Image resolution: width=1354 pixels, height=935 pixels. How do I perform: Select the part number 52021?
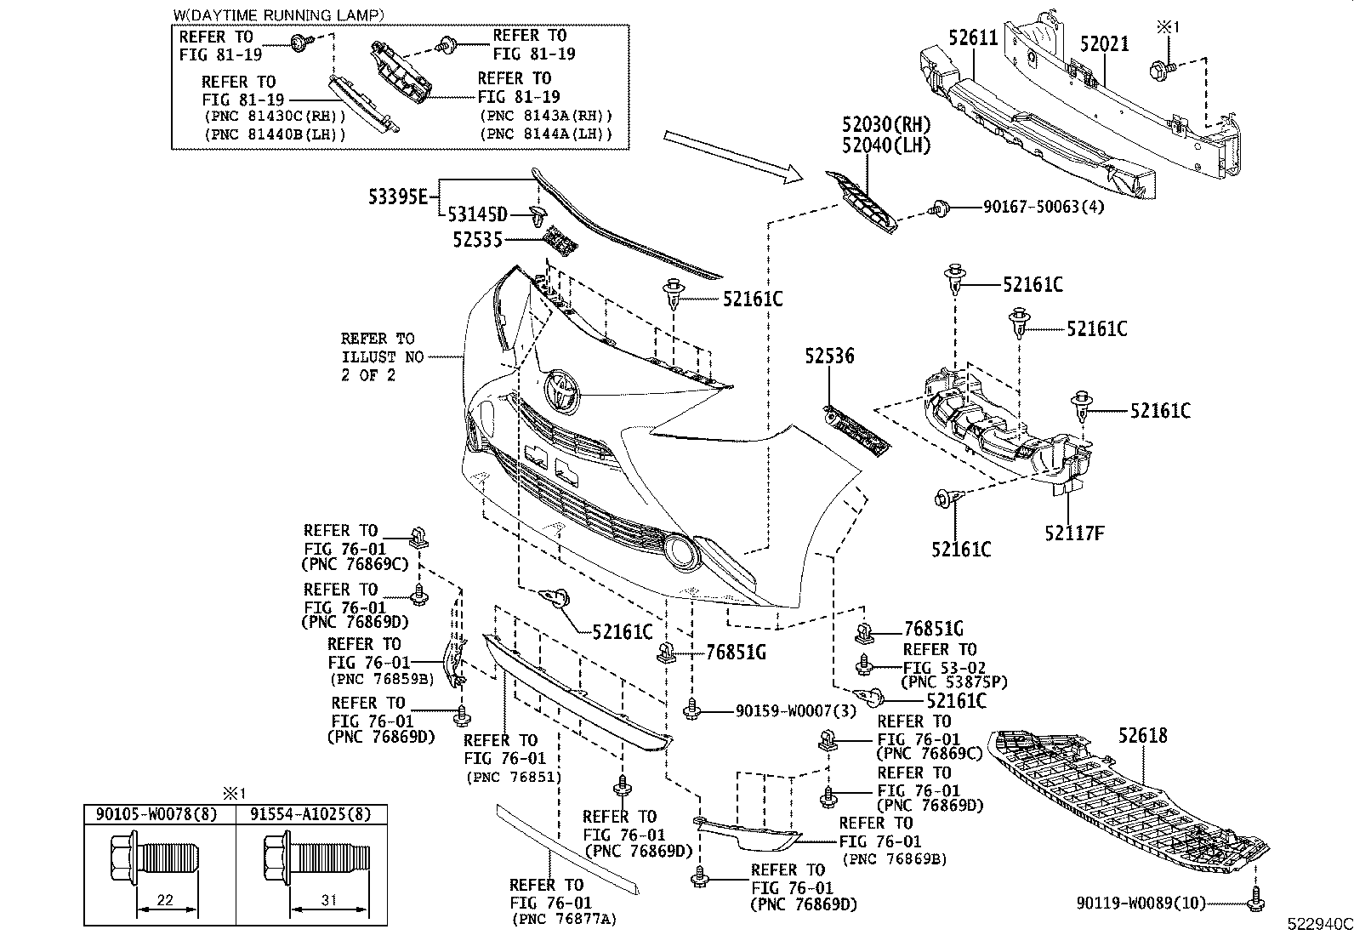pos(1104,43)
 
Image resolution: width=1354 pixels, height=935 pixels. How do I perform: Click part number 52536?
pos(831,356)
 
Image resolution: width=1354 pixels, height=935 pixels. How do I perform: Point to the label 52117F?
pos(1074,533)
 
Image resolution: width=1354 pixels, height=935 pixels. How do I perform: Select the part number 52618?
pos(1143,735)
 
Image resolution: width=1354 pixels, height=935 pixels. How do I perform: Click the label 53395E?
pos(398,197)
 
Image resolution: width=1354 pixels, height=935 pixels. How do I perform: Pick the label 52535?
pos(477,241)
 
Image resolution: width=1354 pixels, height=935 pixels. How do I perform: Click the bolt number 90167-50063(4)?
pos(1043,207)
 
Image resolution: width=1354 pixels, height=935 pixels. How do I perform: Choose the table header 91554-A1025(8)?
pos(311,814)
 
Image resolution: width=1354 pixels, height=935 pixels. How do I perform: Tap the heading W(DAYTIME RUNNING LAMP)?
pos(278,15)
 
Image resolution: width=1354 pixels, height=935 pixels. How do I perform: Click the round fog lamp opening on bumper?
pos(681,550)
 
